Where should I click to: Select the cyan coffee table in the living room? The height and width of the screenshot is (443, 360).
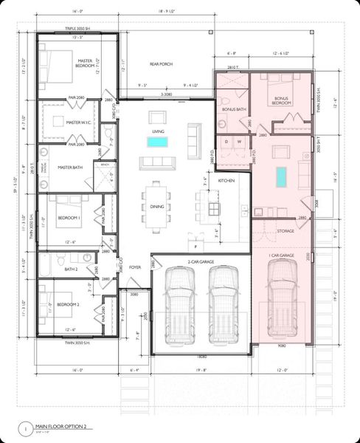157,141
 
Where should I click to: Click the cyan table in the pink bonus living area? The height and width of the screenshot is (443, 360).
280,177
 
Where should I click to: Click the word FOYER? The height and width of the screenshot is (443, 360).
135,268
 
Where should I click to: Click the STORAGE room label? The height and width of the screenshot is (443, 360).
285,231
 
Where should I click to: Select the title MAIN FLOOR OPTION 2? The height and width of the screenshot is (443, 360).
66,426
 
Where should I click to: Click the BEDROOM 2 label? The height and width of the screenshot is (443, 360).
68,305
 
